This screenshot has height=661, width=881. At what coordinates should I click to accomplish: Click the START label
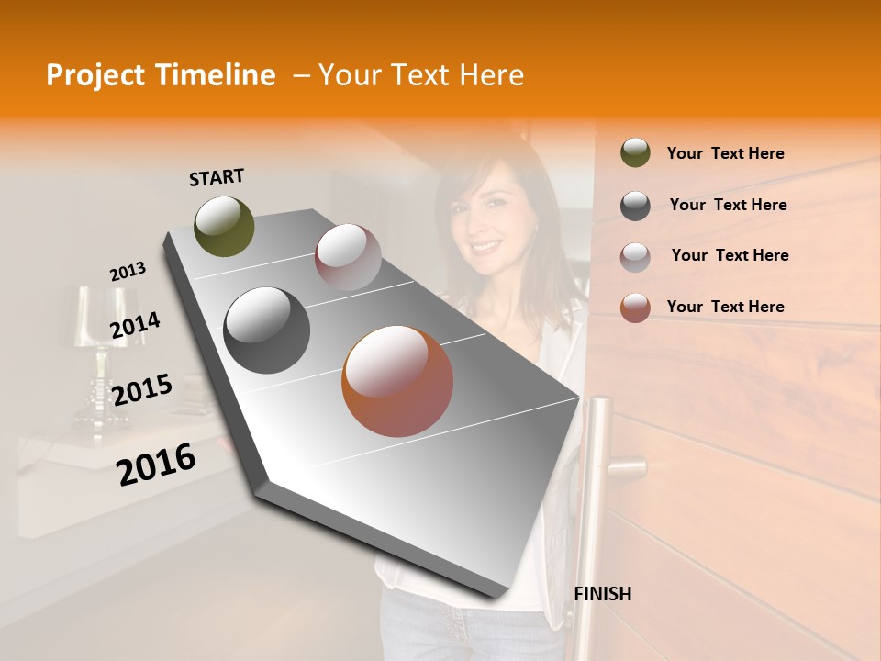[217, 176]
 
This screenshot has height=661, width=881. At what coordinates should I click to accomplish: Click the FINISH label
[602, 594]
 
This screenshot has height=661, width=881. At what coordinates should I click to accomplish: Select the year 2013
[128, 272]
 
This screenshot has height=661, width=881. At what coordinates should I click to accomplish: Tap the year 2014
[135, 326]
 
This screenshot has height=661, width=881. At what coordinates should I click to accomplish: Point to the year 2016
[156, 463]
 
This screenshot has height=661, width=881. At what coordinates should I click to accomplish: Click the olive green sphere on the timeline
[224, 226]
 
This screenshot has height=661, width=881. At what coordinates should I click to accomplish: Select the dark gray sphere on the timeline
[266, 330]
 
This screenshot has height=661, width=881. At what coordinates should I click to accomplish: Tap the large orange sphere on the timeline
[397, 381]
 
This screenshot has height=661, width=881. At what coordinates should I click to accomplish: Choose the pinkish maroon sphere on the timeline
[348, 257]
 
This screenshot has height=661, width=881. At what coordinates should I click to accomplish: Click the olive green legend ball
[635, 152]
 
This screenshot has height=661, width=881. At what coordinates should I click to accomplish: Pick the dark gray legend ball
[635, 205]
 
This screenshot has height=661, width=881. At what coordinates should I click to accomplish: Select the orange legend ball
[635, 307]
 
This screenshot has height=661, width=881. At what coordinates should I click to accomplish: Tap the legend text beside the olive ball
[725, 153]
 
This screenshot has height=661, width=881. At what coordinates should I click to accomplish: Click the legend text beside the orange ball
[725, 307]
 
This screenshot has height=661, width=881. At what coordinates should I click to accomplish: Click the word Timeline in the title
[211, 75]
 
